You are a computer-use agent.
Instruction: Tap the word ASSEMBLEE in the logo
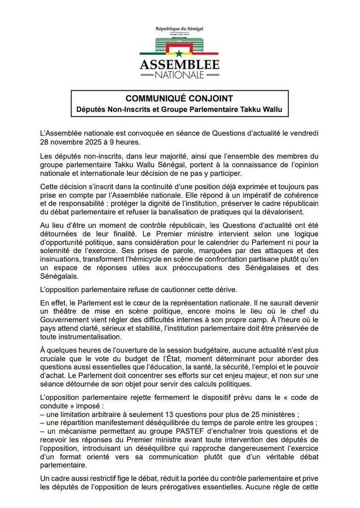[180, 64]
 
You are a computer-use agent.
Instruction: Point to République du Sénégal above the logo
[180, 29]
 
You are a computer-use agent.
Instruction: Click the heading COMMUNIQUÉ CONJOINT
[180, 99]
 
